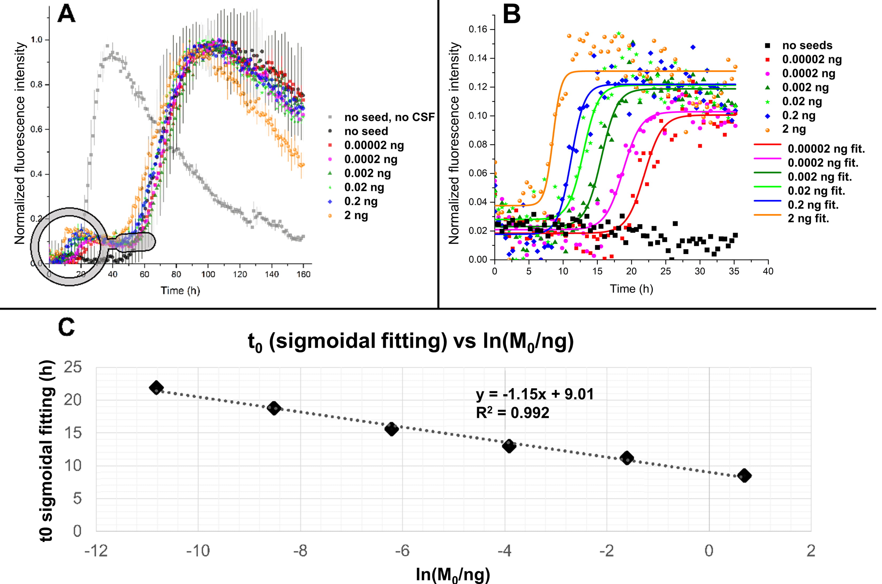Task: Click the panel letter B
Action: (x=512, y=16)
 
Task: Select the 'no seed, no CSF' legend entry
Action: (x=389, y=117)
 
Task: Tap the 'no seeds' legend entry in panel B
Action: (x=807, y=45)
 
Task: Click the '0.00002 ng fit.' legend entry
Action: (x=826, y=149)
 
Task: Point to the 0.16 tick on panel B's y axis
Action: (x=478, y=29)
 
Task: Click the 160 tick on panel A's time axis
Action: (x=304, y=275)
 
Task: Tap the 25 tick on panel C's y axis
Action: (x=73, y=368)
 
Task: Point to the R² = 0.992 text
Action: (x=512, y=413)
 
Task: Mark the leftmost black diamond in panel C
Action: (x=156, y=388)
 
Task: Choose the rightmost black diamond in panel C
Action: (x=744, y=476)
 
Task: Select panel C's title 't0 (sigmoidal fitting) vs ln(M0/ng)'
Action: (x=411, y=342)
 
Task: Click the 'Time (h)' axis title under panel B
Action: (x=632, y=289)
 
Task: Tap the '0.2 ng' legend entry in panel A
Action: (x=360, y=201)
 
